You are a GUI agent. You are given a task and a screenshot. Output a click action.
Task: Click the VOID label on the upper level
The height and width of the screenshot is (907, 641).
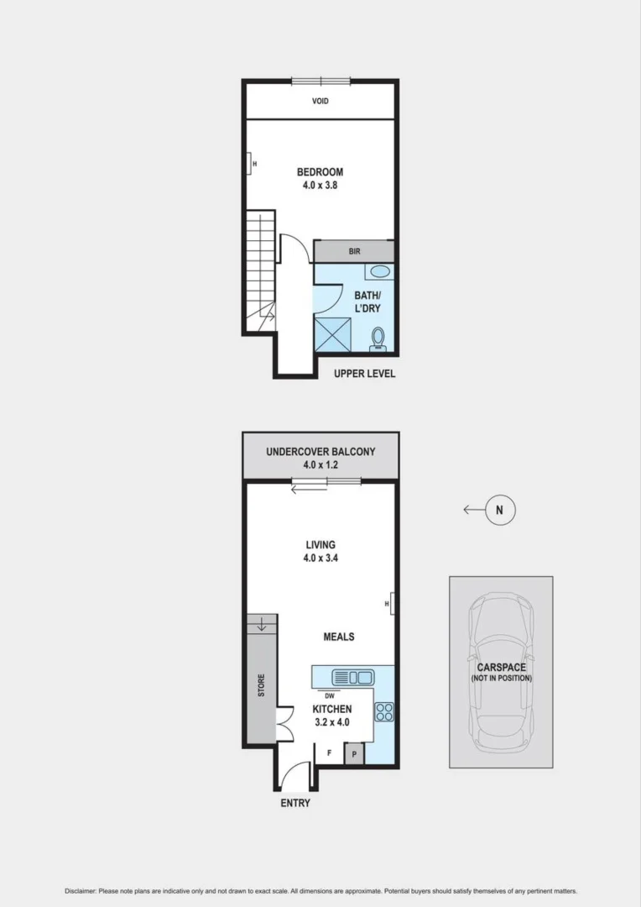320,101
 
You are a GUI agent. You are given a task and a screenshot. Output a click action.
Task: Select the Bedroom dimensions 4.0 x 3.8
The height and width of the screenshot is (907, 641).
320,186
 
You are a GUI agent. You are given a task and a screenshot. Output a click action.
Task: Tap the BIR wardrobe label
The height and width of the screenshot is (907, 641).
354,251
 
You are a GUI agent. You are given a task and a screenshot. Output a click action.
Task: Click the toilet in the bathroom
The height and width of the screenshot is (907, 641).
378,338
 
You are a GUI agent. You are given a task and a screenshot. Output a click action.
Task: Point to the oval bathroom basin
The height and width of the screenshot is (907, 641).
379,271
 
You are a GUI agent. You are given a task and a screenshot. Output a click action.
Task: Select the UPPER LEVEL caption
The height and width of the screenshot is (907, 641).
364,374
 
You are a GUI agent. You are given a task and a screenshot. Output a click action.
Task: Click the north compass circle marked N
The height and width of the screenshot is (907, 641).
499,509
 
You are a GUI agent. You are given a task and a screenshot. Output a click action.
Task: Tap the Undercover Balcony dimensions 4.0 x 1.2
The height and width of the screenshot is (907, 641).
320,465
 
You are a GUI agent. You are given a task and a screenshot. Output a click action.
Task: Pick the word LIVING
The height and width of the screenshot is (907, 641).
320,543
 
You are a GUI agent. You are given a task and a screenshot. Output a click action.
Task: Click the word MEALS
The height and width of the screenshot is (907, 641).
339,637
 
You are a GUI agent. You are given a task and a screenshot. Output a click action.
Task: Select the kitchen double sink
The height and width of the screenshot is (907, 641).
352,677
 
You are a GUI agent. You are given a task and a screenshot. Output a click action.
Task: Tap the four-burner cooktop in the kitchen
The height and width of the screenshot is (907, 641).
383,711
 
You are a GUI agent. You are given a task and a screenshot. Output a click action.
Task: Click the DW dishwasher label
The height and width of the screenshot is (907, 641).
329,695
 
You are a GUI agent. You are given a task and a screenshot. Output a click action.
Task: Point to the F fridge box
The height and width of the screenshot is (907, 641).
329,752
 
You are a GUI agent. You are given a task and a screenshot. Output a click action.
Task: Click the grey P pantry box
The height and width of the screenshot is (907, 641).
354,753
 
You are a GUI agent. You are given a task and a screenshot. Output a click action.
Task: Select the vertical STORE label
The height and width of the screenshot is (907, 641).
260,685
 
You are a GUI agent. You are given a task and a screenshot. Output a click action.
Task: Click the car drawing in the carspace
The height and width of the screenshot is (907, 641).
501,672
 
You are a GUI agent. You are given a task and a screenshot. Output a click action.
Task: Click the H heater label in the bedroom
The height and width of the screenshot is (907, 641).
253,163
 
